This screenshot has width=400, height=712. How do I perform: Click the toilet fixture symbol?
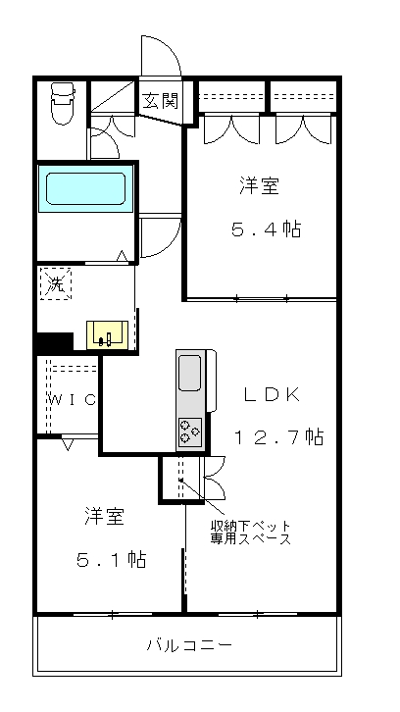[x=63, y=103]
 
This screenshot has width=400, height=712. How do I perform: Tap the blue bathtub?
[x=86, y=188]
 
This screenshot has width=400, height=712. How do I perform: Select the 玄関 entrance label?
[x=160, y=100]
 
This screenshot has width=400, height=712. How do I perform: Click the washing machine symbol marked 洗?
[x=56, y=283]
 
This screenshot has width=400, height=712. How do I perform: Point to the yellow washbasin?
[x=107, y=334]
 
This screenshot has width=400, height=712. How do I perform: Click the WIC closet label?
[x=73, y=399]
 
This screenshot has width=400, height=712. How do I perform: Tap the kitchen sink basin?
[x=190, y=373]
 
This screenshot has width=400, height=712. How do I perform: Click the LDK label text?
[x=272, y=395]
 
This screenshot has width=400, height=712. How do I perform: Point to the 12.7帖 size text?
[x=278, y=436]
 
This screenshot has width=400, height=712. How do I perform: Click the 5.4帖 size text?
[x=266, y=229]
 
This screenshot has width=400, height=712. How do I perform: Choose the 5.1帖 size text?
[x=111, y=559]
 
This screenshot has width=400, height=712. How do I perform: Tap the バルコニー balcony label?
[x=189, y=644]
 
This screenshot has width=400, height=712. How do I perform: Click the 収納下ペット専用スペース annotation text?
[x=250, y=533]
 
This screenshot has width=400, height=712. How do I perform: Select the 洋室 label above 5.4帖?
[x=259, y=186]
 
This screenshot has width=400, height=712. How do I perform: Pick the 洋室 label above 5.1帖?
[x=104, y=516]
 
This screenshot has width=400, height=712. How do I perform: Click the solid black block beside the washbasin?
[x=55, y=342]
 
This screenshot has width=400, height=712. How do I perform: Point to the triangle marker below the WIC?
[x=68, y=444]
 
